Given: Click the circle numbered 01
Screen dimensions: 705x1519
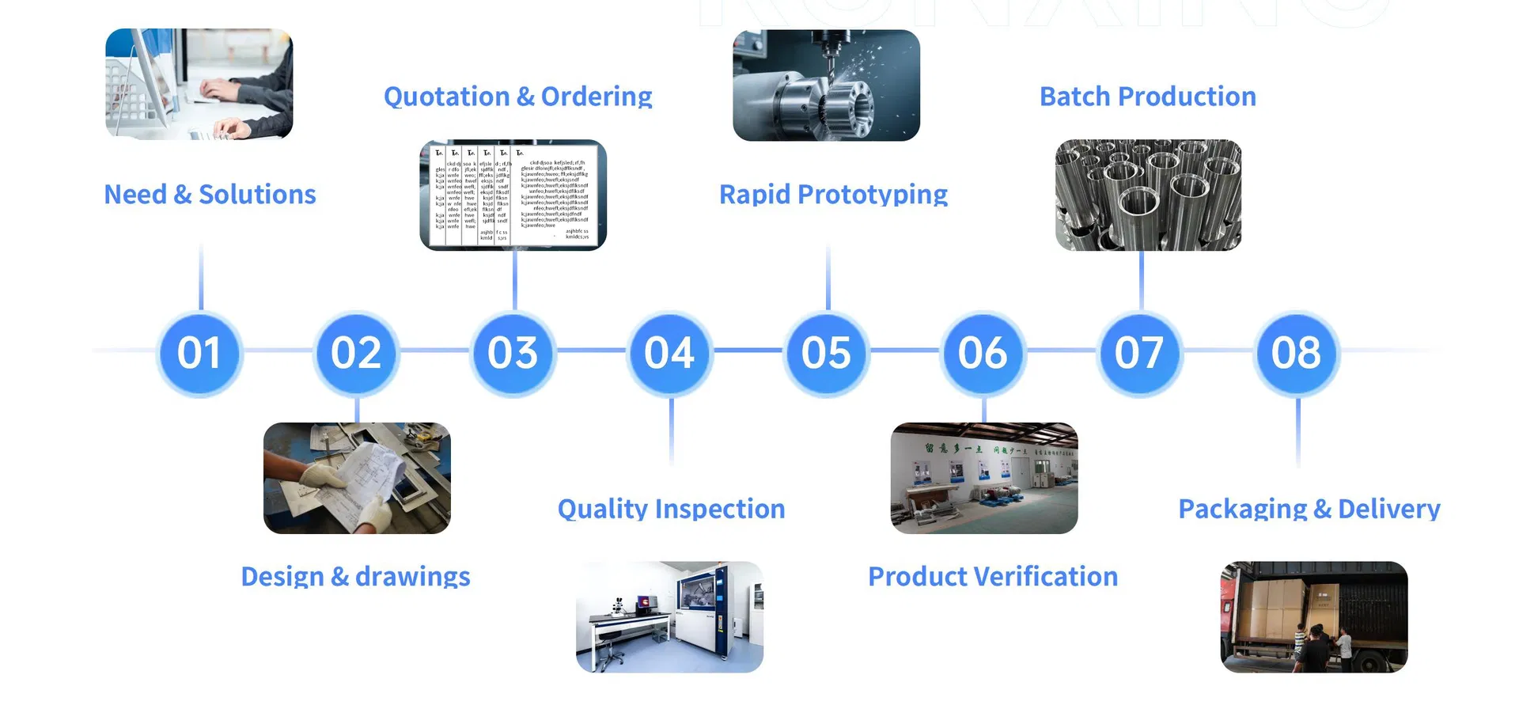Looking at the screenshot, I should coord(199,353).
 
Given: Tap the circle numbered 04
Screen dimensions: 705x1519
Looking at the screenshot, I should coord(669,353).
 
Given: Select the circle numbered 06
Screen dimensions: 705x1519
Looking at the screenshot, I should coord(983,353).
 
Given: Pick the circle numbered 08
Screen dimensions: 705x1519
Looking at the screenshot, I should coord(1297,353).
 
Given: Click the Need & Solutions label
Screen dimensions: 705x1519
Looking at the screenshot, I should coord(210,195).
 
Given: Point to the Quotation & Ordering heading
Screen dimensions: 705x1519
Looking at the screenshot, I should coord(517,97).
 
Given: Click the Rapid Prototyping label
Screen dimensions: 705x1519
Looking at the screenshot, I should coord(833,195).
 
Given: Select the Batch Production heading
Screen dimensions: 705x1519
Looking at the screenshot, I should coord(1147,97).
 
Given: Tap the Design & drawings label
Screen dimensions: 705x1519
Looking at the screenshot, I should coord(355,577).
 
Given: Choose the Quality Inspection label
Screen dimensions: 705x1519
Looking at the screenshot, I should coord(671,509).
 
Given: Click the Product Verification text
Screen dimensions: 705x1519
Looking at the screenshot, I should coord(993,577).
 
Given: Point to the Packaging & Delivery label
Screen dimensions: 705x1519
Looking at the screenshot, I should coord(1309,509).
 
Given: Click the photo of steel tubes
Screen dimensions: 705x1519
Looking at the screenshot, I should coord(1148,195).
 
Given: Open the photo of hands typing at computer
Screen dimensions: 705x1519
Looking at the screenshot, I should coord(199,85).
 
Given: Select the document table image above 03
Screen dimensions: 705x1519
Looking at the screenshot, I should coord(513,195).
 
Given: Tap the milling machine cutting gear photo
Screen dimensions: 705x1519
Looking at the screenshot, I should coord(826,85).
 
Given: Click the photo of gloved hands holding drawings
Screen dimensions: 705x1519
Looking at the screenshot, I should coord(357,478).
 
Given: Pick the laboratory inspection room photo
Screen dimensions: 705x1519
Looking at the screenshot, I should coord(669,617).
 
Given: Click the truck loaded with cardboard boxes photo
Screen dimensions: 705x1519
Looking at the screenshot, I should coord(1313,617).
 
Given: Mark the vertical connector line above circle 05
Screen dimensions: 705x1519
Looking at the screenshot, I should coord(828,277).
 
